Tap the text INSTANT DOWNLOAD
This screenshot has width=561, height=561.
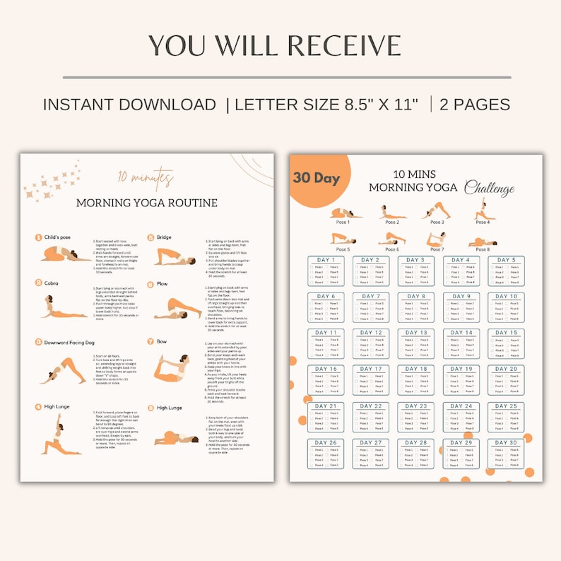point(129,105)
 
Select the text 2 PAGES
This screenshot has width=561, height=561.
point(475,105)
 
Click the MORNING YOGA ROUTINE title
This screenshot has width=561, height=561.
point(146,203)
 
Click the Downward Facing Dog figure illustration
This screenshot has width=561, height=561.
point(63,370)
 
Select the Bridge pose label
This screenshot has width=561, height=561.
point(165,237)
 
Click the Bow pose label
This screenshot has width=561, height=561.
point(162,341)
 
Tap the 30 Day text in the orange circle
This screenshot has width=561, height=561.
point(316,178)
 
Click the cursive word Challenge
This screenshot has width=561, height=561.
point(489,189)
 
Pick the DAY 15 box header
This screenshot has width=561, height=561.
point(506,333)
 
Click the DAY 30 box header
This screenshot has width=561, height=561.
point(506,443)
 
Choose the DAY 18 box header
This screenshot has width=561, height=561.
point(416,369)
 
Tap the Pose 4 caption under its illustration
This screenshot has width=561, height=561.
point(483,223)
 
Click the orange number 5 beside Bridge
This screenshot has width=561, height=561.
point(150,237)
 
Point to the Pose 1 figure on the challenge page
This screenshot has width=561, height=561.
point(344,213)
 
